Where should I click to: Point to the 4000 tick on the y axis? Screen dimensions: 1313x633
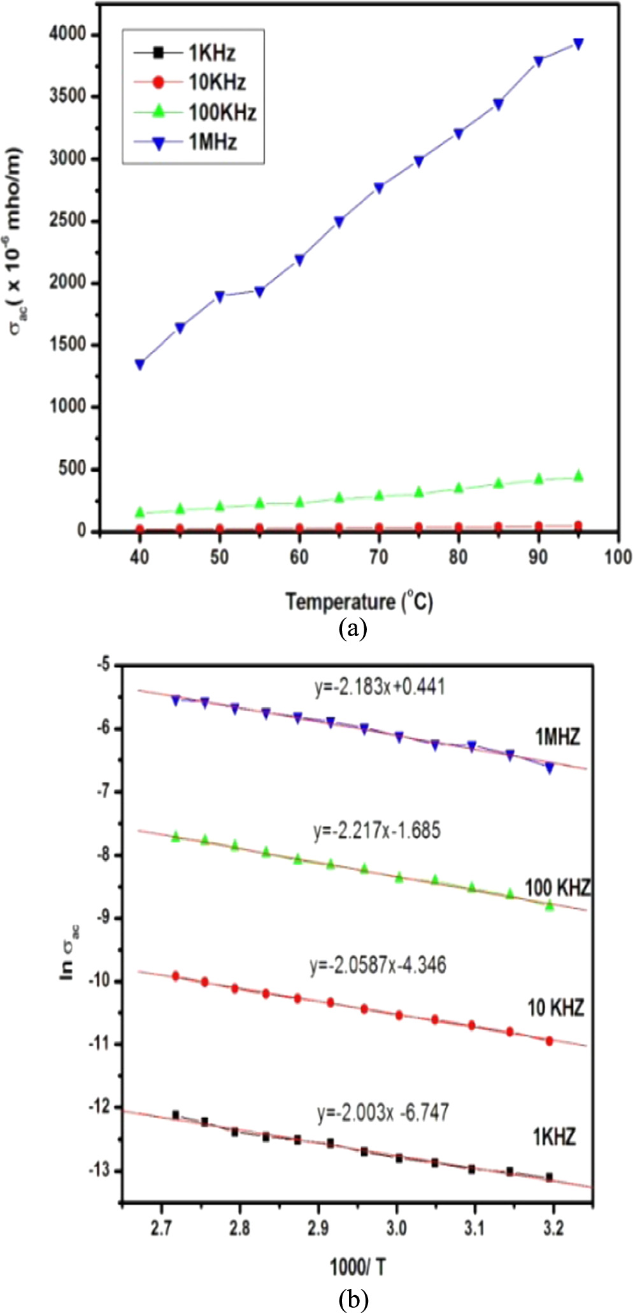point(66,34)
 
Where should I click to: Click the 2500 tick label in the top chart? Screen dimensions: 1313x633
point(66,221)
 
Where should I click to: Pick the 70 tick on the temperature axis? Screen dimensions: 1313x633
point(378,558)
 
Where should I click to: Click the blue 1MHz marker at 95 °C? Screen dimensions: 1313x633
point(578,44)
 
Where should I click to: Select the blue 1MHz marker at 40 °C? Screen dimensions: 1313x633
point(139,365)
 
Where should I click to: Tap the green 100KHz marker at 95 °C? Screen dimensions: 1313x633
point(578,476)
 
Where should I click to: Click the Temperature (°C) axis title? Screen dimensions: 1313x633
point(359,601)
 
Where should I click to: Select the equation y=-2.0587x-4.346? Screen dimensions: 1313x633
point(378,965)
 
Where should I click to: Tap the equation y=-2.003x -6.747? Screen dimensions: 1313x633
point(383,1113)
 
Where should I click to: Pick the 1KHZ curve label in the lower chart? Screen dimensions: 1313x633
point(554,1137)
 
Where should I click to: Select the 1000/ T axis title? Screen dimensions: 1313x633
point(357,1267)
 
